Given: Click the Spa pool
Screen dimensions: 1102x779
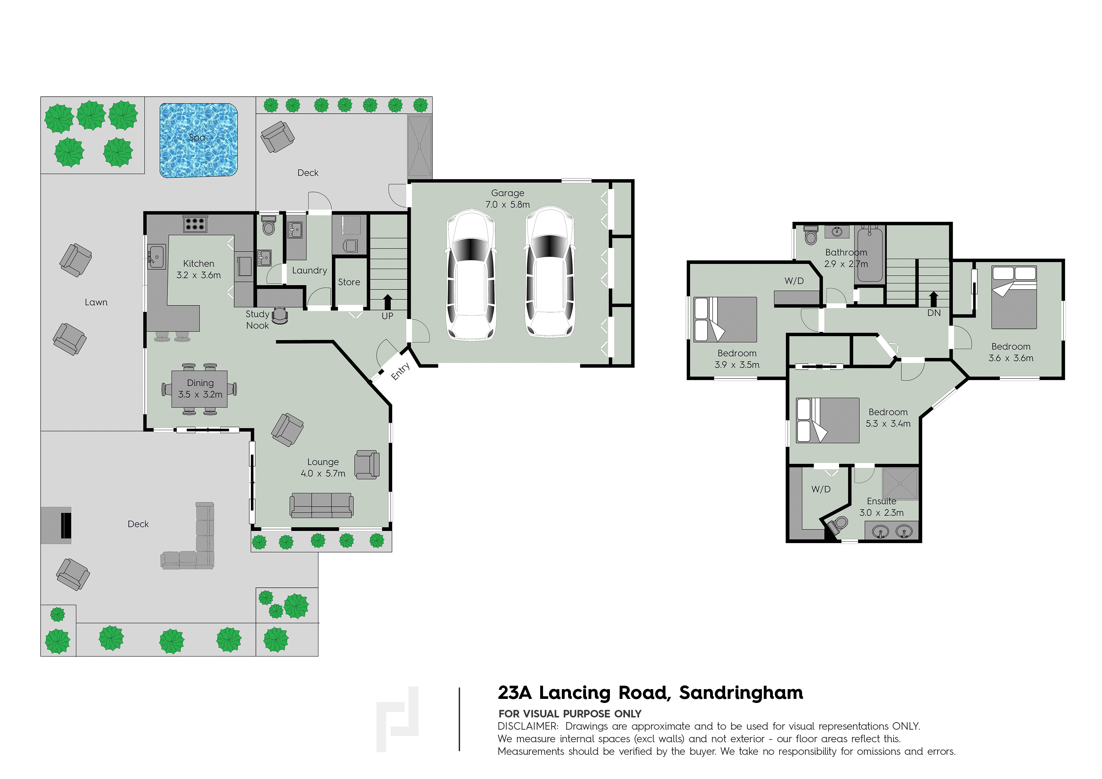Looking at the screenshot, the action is click(199, 140).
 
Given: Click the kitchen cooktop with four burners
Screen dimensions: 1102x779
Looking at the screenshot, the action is click(195, 224).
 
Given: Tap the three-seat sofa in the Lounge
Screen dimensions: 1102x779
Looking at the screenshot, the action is click(322, 505).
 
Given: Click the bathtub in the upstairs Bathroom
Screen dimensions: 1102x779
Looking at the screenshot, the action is click(870, 255).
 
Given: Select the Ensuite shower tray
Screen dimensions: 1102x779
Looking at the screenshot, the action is click(900, 484).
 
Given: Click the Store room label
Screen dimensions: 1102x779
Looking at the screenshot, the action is click(349, 282).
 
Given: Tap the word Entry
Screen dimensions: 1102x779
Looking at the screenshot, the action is click(400, 371).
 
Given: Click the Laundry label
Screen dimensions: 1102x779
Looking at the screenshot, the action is click(310, 271).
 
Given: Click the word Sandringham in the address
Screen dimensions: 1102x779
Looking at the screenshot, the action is click(741, 693).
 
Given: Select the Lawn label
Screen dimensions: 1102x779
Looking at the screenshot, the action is click(96, 302).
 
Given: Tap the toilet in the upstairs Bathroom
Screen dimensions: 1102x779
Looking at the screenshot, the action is click(811, 235).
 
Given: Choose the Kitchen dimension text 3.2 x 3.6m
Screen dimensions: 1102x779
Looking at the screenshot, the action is click(199, 275).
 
